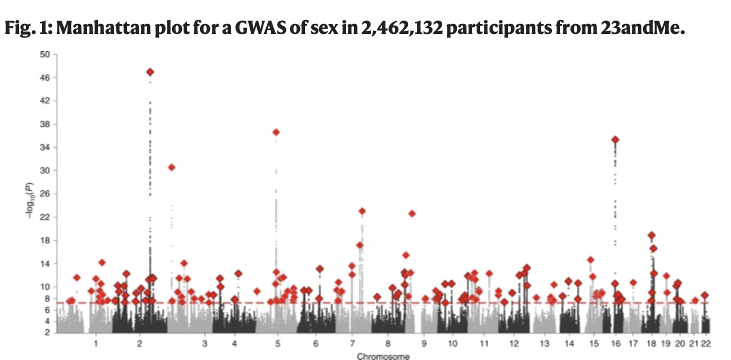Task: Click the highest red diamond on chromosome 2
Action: [150, 72]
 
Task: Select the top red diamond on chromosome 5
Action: [276, 132]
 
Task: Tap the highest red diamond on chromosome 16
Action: [615, 139]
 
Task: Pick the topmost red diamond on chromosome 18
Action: [651, 235]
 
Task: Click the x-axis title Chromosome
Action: [383, 356]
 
